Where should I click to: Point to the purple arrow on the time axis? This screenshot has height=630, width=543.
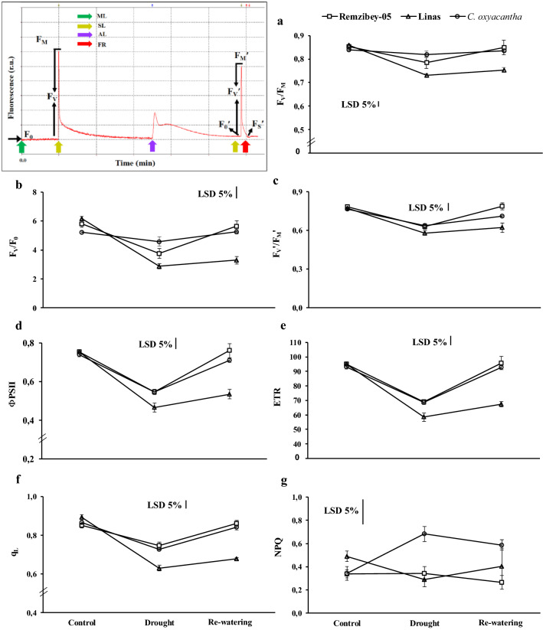[x=152, y=145]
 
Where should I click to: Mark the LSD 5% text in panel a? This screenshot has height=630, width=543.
[x=358, y=103]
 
